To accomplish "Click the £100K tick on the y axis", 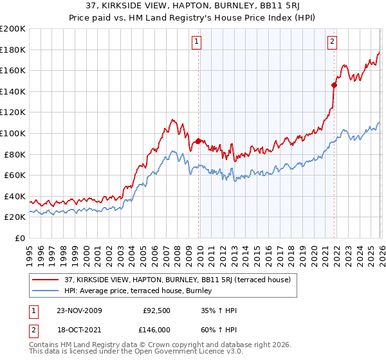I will (13, 133).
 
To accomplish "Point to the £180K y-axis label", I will (13, 50).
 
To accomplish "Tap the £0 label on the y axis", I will (19, 238).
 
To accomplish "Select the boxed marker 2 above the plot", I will (332, 42).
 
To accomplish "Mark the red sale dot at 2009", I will (198, 141).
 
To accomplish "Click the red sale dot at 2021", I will (334, 85).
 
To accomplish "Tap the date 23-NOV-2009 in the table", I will (79, 310).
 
